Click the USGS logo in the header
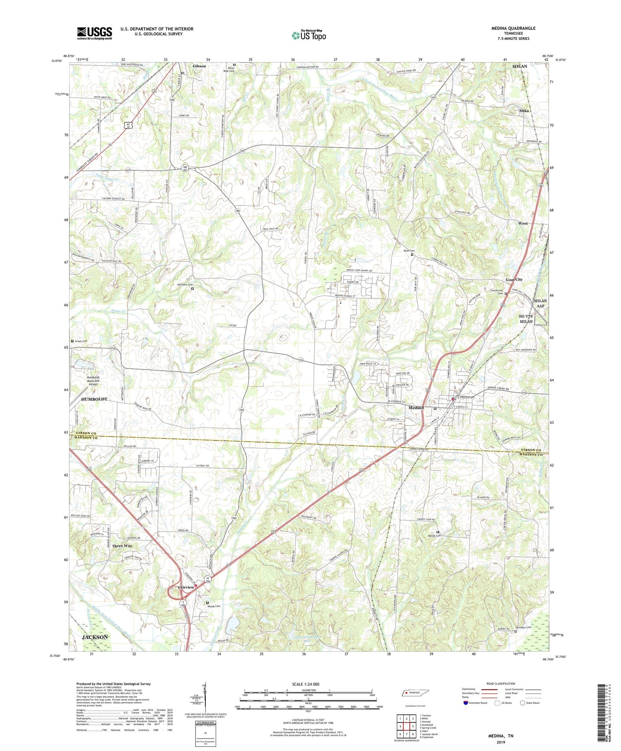(94, 33)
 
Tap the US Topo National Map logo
(308, 35)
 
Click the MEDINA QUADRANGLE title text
(513, 28)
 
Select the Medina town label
(416, 408)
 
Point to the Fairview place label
(186, 587)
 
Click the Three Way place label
(122, 546)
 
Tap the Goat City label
(514, 280)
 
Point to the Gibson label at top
(200, 66)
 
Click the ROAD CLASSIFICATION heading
(501, 683)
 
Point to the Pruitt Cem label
(81, 341)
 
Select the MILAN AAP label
(540, 304)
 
